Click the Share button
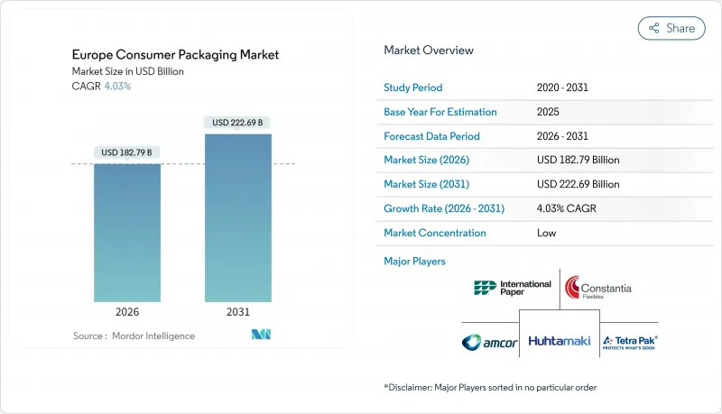tap(671, 28)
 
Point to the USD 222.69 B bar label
tap(238, 123)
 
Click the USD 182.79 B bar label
tap(127, 152)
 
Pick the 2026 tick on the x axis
tap(127, 313)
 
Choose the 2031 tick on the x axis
tap(238, 313)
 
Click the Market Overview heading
tap(428, 51)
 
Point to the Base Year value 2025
tap(548, 112)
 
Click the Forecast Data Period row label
tap(431, 136)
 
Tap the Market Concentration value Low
tap(546, 233)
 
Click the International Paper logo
tap(512, 289)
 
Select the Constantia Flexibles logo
tap(598, 289)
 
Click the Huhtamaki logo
tap(559, 342)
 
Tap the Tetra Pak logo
tap(630, 342)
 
